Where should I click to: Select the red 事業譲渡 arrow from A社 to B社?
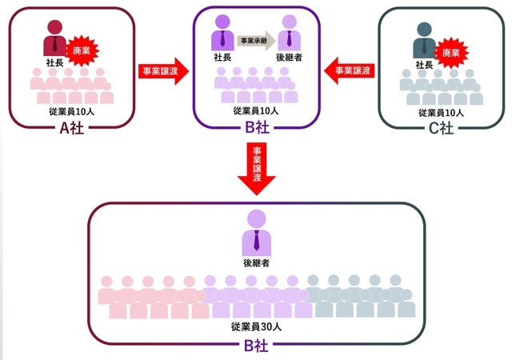162,70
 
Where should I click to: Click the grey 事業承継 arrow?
255,39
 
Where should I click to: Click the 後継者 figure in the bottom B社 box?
256,230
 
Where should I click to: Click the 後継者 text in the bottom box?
256,262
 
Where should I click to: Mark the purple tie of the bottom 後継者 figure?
256,239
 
